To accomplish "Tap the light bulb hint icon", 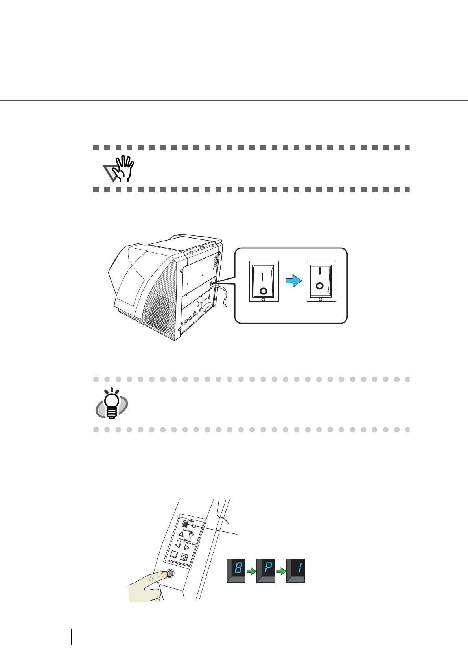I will (112, 404).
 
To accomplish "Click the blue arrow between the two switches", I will (294, 281).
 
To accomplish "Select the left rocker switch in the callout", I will (264, 281).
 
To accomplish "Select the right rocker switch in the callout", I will (321, 281).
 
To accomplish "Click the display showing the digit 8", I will (236, 570).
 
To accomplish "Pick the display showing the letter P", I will (266, 570).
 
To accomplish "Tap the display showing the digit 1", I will (295, 570).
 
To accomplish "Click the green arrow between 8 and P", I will (251, 571).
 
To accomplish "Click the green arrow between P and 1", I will (281, 571).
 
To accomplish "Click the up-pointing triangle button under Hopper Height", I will (181, 533).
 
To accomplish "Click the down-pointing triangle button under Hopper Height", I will (191, 535).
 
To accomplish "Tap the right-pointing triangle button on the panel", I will (187, 547).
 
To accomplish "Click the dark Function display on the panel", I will (185, 524).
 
